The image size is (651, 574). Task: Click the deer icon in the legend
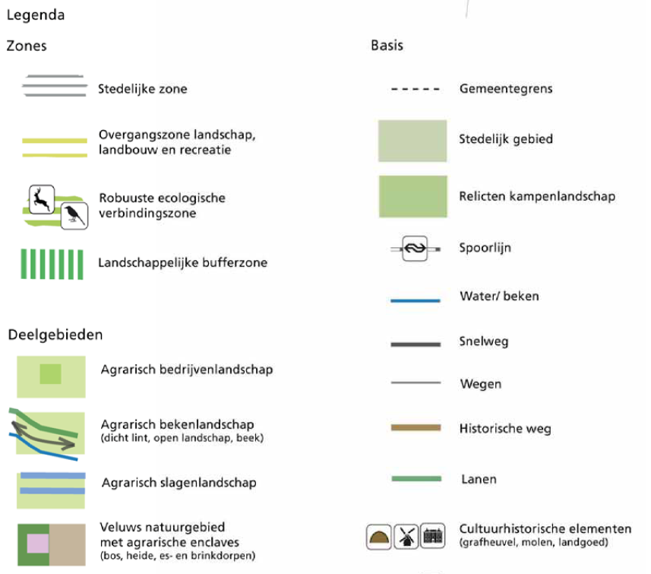(x=42, y=199)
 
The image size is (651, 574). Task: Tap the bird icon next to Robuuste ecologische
(x=74, y=216)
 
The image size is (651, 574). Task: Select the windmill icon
(x=406, y=536)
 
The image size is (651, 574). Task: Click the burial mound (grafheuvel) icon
(x=378, y=537)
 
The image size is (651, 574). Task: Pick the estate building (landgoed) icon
(x=433, y=536)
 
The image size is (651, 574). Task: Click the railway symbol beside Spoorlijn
(x=415, y=249)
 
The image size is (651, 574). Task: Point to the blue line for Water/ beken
(x=416, y=300)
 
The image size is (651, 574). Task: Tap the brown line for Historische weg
(x=416, y=428)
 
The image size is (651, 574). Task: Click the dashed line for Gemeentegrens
(x=416, y=89)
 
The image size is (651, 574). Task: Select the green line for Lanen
(x=416, y=479)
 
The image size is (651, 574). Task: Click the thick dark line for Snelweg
(x=416, y=344)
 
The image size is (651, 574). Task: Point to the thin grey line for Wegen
(x=416, y=382)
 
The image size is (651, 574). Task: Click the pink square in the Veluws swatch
(x=38, y=544)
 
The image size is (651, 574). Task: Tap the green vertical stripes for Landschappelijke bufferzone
(x=52, y=265)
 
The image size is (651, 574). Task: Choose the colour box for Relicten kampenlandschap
(x=413, y=196)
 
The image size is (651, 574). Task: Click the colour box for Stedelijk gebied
(x=412, y=141)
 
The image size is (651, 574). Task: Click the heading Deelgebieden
(x=55, y=335)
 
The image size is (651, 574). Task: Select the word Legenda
(x=36, y=15)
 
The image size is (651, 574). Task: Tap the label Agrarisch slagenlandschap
(x=179, y=483)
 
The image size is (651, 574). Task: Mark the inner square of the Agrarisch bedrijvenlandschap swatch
(x=51, y=374)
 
